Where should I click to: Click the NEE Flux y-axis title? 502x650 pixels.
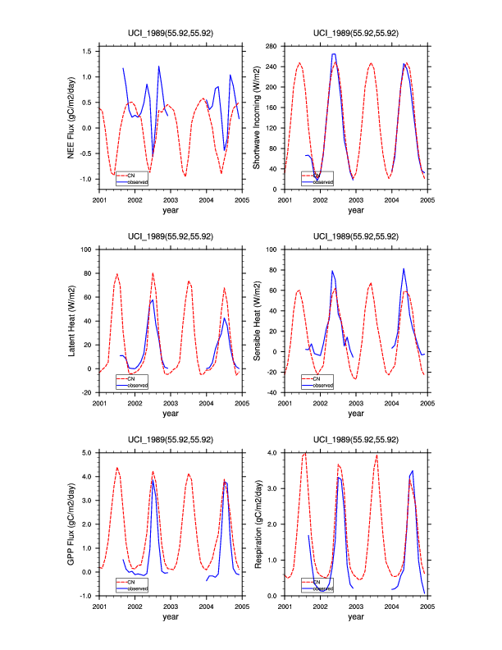72,120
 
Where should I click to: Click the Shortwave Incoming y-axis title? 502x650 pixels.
257,120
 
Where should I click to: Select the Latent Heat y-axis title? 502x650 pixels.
72,321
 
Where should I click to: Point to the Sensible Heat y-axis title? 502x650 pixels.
257,321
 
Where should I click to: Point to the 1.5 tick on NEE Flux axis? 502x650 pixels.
88,52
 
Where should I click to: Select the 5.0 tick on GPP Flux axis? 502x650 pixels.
88,452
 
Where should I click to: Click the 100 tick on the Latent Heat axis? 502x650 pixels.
88,249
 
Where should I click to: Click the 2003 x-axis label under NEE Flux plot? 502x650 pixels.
171,199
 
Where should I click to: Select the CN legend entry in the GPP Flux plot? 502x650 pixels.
128,581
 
